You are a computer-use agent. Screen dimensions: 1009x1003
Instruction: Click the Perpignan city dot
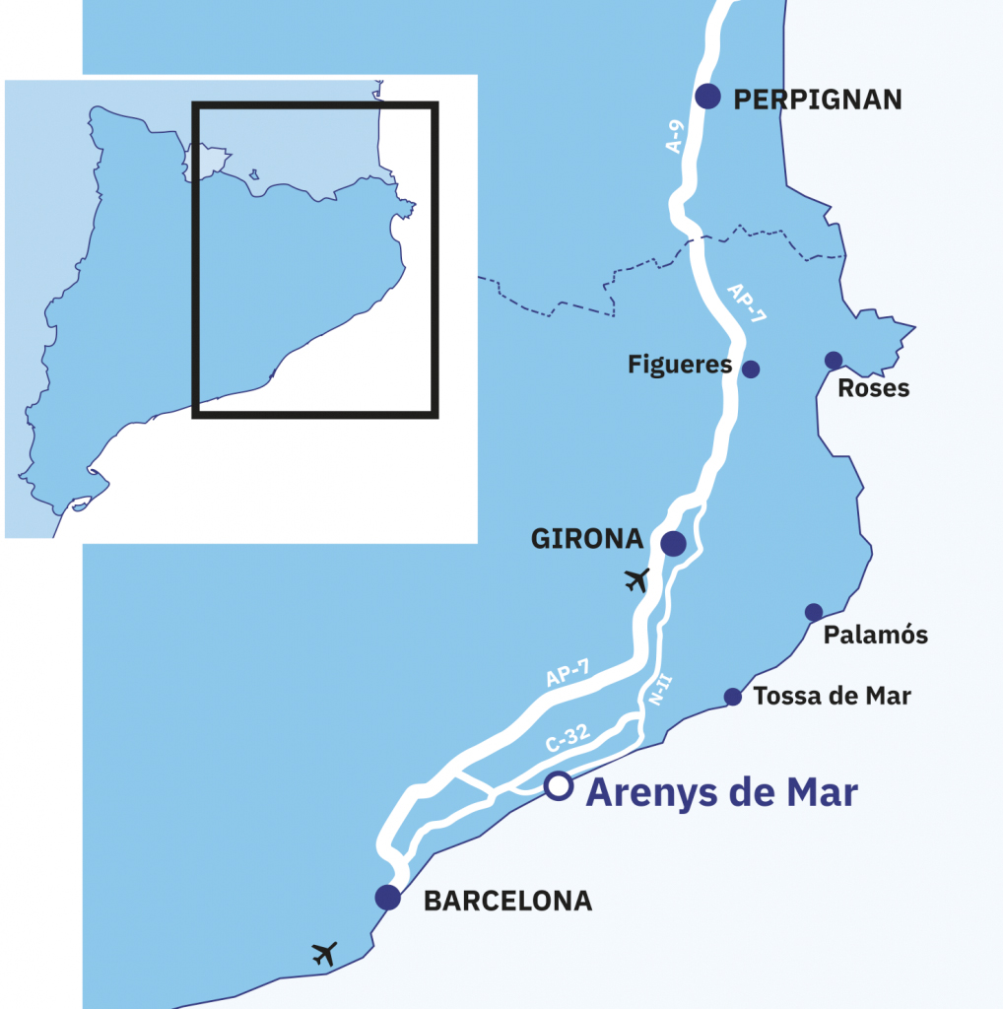click(x=707, y=96)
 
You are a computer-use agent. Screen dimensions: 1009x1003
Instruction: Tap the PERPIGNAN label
click(x=818, y=99)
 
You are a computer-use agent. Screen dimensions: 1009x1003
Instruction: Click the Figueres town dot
click(x=751, y=369)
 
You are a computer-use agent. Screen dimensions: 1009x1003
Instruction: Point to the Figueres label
click(x=680, y=366)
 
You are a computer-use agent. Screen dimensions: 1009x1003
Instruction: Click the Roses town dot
click(x=834, y=360)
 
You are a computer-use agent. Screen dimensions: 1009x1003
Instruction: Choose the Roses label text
click(x=873, y=389)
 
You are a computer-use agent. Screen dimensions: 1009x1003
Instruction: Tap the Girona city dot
click(x=673, y=543)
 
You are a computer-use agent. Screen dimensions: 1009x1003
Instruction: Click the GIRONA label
click(x=587, y=540)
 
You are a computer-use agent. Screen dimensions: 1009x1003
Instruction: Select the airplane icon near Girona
click(x=638, y=580)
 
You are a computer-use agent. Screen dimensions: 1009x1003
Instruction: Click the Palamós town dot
click(x=814, y=612)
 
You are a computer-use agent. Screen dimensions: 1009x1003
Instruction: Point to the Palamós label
click(x=876, y=636)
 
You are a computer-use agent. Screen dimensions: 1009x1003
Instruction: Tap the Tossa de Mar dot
click(x=733, y=697)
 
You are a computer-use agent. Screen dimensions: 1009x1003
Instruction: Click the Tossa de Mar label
click(x=833, y=697)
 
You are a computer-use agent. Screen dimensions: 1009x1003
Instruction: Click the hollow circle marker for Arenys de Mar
click(x=558, y=785)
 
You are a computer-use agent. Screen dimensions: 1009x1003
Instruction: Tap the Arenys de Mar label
click(x=721, y=792)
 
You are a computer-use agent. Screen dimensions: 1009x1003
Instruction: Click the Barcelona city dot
click(x=387, y=897)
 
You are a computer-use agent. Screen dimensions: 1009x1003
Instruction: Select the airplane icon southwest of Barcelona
click(x=324, y=953)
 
